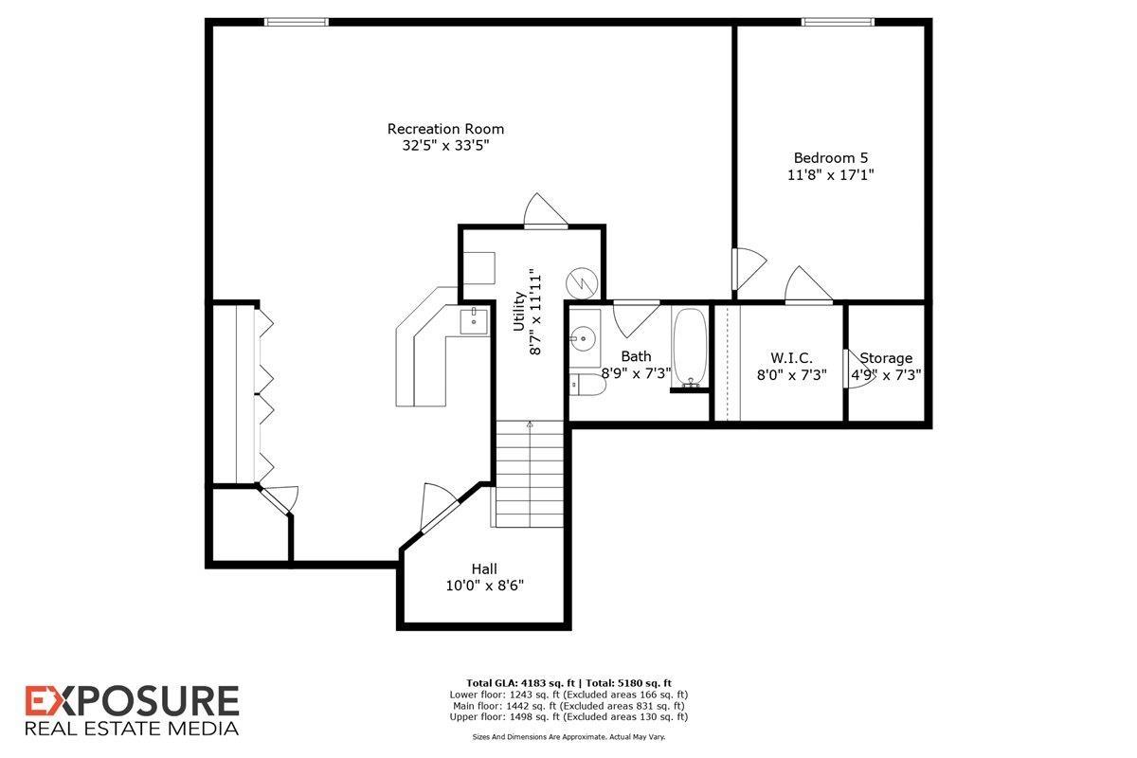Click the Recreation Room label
click(445, 129)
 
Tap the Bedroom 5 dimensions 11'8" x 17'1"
click(830, 175)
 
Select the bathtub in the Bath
click(690, 348)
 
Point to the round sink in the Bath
click(584, 336)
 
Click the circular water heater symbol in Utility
click(580, 281)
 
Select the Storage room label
click(887, 358)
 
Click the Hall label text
click(484, 568)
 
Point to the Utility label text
click(519, 311)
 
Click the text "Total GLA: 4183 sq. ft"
click(520, 683)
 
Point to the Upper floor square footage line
click(568, 717)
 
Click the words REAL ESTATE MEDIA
click(131, 729)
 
